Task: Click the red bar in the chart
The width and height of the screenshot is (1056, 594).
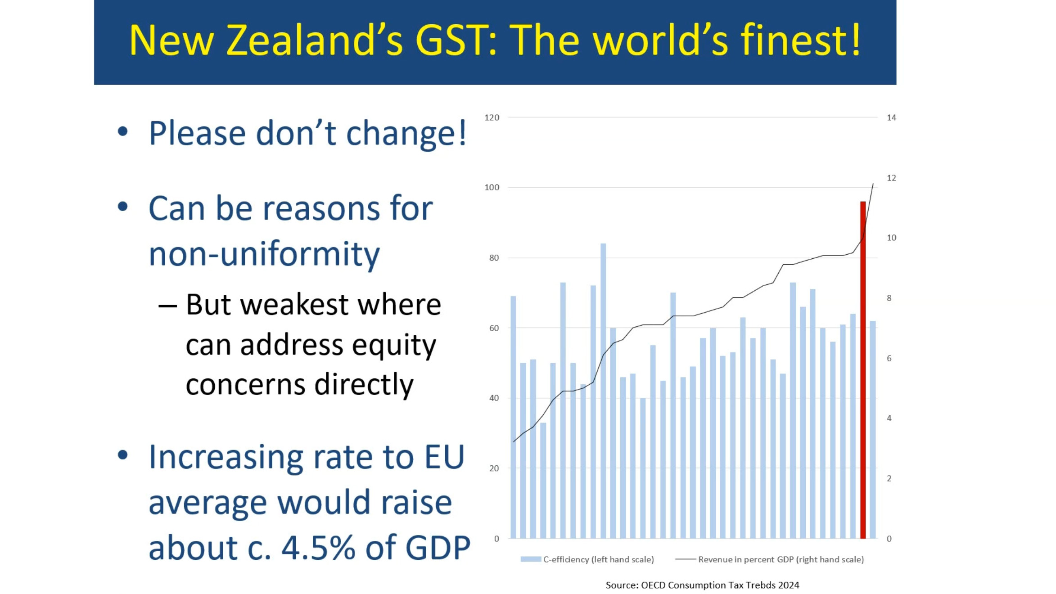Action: pyautogui.click(x=863, y=370)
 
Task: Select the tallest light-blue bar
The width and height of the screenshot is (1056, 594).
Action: pyautogui.click(x=603, y=391)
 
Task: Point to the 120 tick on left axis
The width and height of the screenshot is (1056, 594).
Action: pyautogui.click(x=492, y=117)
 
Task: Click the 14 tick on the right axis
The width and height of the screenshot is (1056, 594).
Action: pyautogui.click(x=891, y=117)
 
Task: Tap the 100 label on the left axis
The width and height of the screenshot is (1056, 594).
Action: pyautogui.click(x=492, y=187)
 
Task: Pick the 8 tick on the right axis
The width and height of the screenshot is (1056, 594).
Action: pyautogui.click(x=889, y=298)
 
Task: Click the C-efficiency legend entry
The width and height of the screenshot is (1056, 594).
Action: pyautogui.click(x=587, y=559)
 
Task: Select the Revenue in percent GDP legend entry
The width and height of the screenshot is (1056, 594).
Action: pyautogui.click(x=770, y=559)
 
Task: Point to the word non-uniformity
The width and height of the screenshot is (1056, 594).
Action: pyautogui.click(x=264, y=254)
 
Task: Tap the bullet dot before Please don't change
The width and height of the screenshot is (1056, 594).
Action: pyautogui.click(x=122, y=131)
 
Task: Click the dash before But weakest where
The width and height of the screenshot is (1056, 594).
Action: pyautogui.click(x=167, y=306)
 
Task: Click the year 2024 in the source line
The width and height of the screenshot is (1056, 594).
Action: pyautogui.click(x=789, y=585)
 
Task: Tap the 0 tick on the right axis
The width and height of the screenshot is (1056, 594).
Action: pyautogui.click(x=889, y=539)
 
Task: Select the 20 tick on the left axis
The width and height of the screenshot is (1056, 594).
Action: pyautogui.click(x=494, y=468)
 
